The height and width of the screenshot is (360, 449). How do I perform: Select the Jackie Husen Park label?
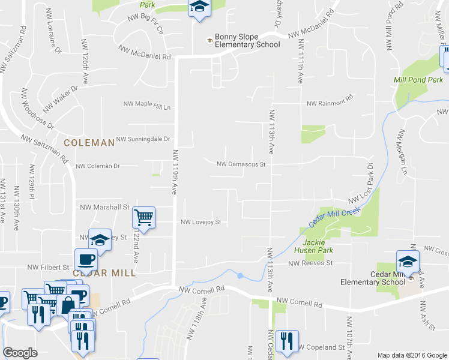(x=318, y=245)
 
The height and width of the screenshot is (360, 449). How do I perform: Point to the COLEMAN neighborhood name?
(x=89, y=143)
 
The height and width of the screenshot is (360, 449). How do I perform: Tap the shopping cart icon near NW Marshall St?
(x=145, y=217)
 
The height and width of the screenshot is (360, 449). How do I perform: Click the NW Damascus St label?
(x=241, y=164)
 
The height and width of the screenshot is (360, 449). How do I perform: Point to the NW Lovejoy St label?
(x=202, y=222)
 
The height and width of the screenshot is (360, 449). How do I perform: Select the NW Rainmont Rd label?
(x=330, y=104)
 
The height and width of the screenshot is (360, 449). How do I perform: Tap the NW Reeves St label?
(x=310, y=263)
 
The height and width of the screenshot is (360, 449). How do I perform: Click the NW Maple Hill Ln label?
(x=148, y=107)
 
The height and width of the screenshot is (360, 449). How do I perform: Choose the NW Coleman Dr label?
(x=98, y=166)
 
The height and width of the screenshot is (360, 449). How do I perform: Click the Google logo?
(x=20, y=353)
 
